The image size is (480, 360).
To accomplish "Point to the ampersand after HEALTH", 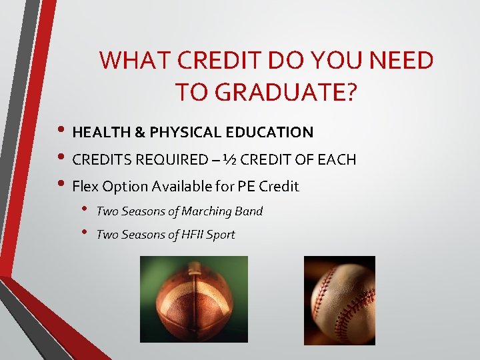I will click(139, 132).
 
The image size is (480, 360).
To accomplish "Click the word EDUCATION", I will click(269, 132).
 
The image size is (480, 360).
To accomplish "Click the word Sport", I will click(220, 235).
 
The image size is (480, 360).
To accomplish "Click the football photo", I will click(193, 299).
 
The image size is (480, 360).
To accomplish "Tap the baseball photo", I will click(339, 300).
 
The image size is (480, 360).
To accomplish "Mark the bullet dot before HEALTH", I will click(62, 132).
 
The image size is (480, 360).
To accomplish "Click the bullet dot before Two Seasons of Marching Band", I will click(85, 210).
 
